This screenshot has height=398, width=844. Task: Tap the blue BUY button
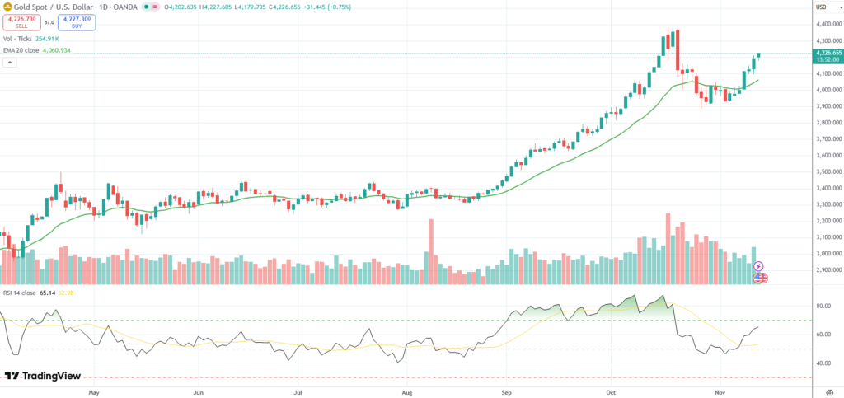coord(77,22)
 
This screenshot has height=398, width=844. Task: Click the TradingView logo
coord(43,376)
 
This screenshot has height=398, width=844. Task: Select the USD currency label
coord(821,7)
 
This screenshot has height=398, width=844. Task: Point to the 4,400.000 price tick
coord(827,24)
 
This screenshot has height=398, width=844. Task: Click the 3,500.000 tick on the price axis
coord(827,171)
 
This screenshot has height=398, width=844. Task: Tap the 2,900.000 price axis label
coord(827,269)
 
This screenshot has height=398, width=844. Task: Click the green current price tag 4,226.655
coord(828,54)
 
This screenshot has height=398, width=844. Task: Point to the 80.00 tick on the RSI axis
coord(822,306)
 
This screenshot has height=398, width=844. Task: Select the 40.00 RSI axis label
coord(822,363)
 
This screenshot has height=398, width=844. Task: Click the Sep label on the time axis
coord(506,393)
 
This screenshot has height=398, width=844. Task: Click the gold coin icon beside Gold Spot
coord(8,7)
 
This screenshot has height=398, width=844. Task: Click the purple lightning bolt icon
coord(758,267)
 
